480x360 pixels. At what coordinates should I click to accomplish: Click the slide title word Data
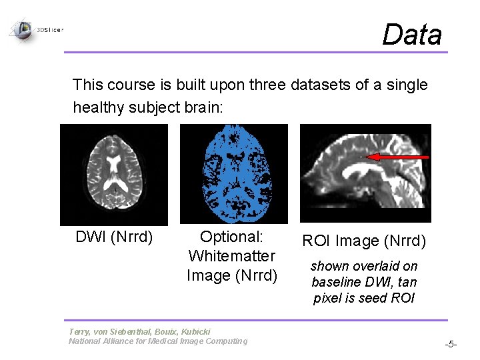pyautogui.click(x=411, y=34)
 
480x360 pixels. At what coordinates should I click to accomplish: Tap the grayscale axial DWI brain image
pyautogui.click(x=113, y=175)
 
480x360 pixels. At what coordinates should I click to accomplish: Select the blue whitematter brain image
pyautogui.click(x=233, y=173)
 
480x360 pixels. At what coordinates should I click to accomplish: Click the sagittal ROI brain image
pyautogui.click(x=365, y=173)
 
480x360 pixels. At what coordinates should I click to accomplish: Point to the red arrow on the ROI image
pyautogui.click(x=399, y=157)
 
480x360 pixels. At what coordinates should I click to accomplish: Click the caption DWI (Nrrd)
pyautogui.click(x=114, y=237)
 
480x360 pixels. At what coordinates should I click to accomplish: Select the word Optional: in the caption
pyautogui.click(x=232, y=237)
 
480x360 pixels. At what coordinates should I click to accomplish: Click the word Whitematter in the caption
pyautogui.click(x=232, y=256)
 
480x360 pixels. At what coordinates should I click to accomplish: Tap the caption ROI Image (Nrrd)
pyautogui.click(x=364, y=241)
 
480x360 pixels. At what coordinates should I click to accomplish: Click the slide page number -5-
pyautogui.click(x=451, y=345)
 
